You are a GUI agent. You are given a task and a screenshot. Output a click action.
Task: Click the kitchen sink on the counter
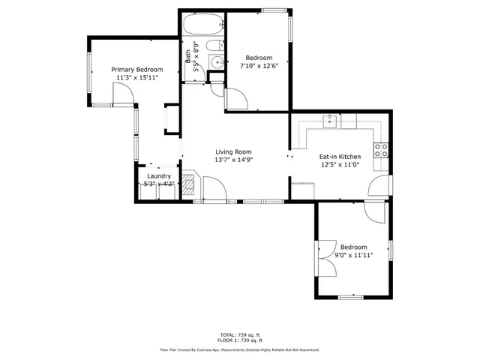coord(331,120)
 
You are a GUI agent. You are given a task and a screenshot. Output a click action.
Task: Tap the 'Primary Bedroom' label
coord(137,70)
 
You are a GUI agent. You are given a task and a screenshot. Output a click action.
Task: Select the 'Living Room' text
coord(232,151)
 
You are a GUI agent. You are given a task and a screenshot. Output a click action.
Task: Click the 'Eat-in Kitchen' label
coord(340,157)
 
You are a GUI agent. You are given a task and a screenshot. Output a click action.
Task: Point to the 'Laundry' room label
coord(158,176)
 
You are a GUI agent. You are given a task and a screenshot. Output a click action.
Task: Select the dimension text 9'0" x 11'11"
coord(353,256)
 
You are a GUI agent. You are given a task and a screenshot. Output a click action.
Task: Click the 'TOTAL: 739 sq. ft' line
coord(239,334)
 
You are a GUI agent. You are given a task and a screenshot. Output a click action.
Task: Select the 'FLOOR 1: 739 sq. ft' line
coord(239,341)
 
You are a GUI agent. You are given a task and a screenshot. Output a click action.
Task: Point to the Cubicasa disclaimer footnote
coord(239,349)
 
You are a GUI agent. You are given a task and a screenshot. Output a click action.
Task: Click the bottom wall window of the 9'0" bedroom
coord(352,298)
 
